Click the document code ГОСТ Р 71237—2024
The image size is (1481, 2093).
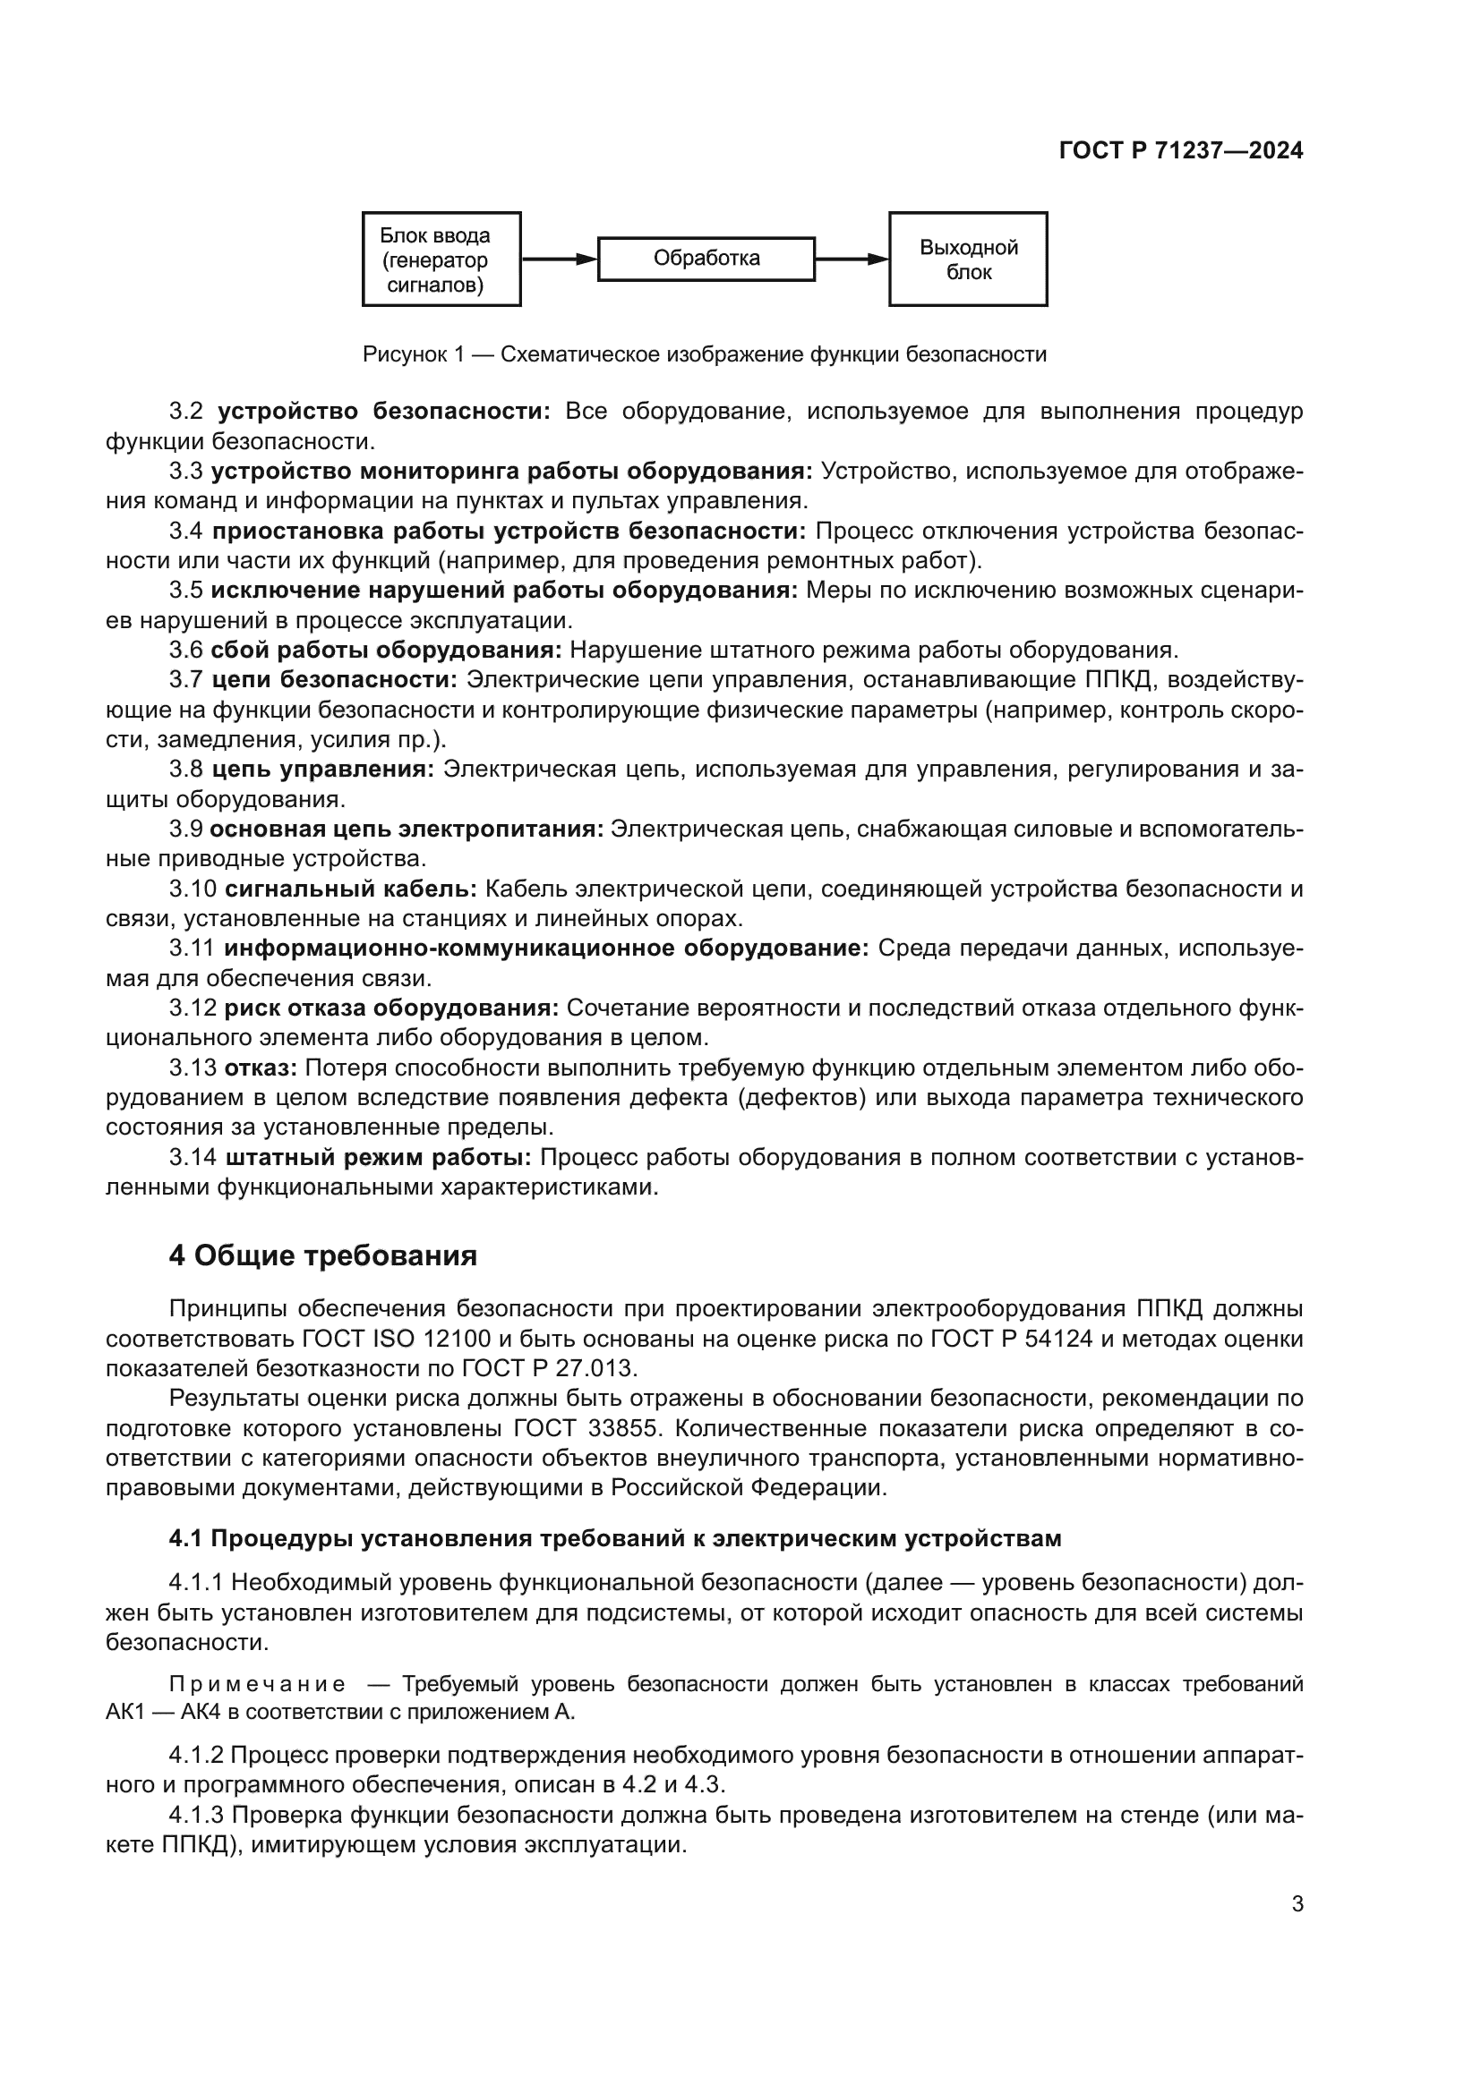coord(1181,151)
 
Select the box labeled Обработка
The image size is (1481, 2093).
coord(706,259)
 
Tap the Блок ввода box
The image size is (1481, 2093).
coord(441,259)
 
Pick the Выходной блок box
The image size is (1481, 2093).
coord(968,259)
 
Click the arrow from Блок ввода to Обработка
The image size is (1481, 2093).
coord(558,259)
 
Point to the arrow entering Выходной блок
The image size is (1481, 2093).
coord(851,259)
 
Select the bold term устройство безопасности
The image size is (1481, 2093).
coord(384,411)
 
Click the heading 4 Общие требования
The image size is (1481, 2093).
coord(323,1256)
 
